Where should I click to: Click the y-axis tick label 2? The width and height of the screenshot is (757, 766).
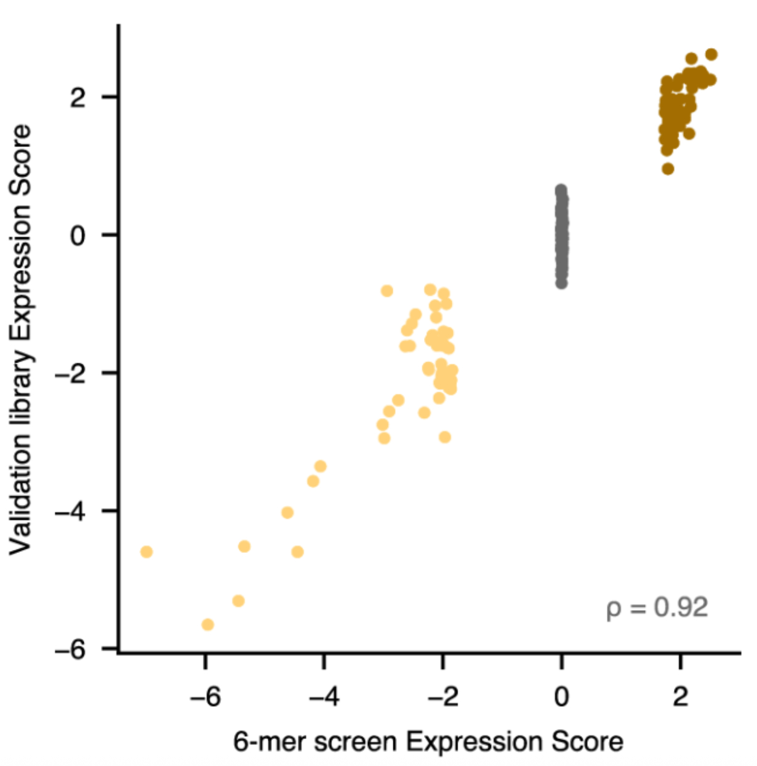click(x=78, y=97)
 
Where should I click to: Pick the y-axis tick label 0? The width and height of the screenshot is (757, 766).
click(x=78, y=235)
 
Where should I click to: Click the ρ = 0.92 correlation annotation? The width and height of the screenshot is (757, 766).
click(x=657, y=608)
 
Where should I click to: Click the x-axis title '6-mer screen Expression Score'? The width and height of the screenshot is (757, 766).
click(x=428, y=741)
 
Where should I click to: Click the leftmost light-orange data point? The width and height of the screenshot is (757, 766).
click(x=146, y=552)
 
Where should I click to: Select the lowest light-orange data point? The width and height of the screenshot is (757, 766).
click(x=208, y=625)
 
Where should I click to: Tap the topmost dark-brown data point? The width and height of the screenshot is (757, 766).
click(x=711, y=54)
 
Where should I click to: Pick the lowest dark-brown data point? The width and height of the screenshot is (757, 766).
click(x=668, y=168)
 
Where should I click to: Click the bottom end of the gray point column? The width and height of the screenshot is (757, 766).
click(x=561, y=283)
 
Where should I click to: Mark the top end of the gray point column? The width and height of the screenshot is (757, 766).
click(x=561, y=190)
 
